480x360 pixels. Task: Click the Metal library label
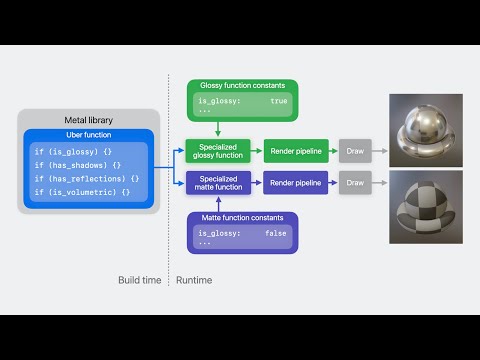click(89, 119)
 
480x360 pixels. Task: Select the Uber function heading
click(89, 134)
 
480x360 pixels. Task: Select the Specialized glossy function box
click(218, 152)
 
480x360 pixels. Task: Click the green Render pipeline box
click(295, 152)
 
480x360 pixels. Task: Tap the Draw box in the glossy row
click(355, 152)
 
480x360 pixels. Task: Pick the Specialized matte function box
click(218, 183)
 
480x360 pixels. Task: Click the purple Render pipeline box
click(295, 183)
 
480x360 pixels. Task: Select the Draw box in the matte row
click(355, 183)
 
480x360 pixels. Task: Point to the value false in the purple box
click(276, 232)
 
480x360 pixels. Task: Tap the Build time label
click(139, 280)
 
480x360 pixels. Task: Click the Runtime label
click(193, 280)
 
